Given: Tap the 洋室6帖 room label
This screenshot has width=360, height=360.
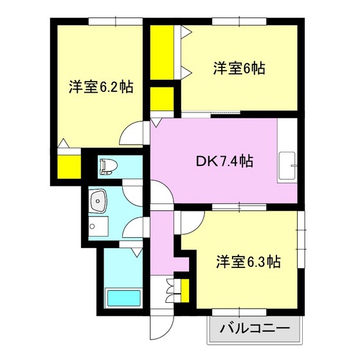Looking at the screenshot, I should tap(239, 67).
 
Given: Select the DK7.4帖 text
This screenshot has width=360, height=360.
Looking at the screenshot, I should tap(224, 163).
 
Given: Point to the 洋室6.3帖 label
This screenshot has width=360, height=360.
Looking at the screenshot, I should tap(248, 262).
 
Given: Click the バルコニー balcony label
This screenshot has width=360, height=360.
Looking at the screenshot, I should tap(255, 331).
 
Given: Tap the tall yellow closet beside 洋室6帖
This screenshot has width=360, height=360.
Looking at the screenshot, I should tap(159, 51).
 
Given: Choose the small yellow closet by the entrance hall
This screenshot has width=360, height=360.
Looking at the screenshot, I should tap(185, 289).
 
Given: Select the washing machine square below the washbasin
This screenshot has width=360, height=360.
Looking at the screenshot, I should tap(98, 226).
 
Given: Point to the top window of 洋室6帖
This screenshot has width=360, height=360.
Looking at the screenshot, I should tap(239, 22).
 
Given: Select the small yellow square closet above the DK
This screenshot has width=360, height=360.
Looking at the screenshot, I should tap(161, 98).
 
